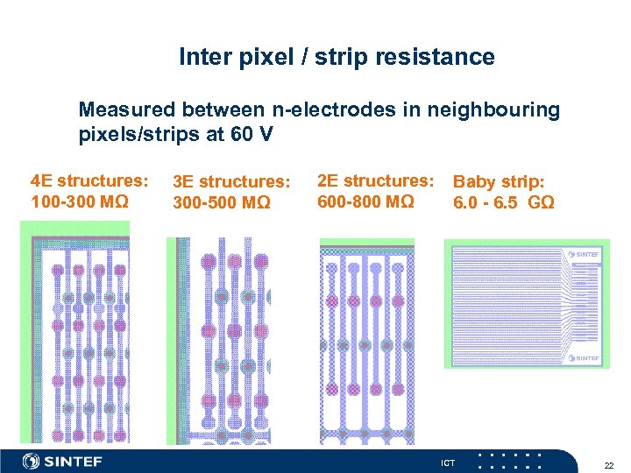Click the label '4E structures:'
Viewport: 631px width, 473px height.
(x=89, y=181)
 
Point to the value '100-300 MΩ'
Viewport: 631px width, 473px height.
(x=80, y=202)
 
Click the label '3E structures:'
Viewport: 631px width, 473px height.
(x=231, y=182)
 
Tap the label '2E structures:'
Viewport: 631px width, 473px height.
(x=375, y=181)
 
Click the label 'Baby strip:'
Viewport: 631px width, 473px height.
(x=499, y=182)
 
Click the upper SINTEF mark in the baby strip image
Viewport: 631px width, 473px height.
(x=582, y=255)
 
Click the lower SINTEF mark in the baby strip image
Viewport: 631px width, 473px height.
(x=582, y=357)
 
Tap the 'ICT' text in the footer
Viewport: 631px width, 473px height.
(x=447, y=462)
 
